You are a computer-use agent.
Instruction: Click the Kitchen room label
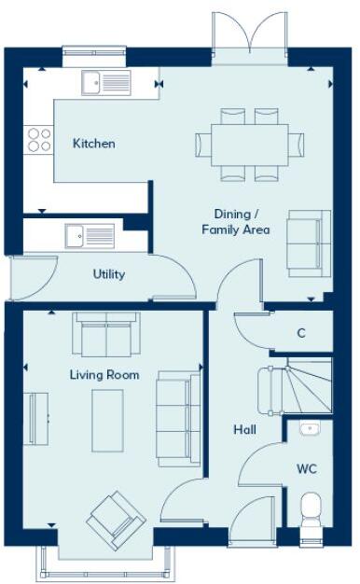pos(94,144)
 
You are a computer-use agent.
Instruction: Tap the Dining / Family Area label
pos(236,221)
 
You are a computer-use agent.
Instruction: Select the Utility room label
pos(109,275)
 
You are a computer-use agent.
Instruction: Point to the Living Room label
pos(104,375)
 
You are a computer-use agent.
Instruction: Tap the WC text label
pos(308,467)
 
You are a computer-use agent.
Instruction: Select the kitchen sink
pos(104,83)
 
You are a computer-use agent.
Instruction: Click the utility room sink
pos(90,236)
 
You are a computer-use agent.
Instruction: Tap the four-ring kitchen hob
pos(39,140)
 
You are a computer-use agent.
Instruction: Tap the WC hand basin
pos(310,430)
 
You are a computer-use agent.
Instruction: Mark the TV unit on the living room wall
pos(40,420)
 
